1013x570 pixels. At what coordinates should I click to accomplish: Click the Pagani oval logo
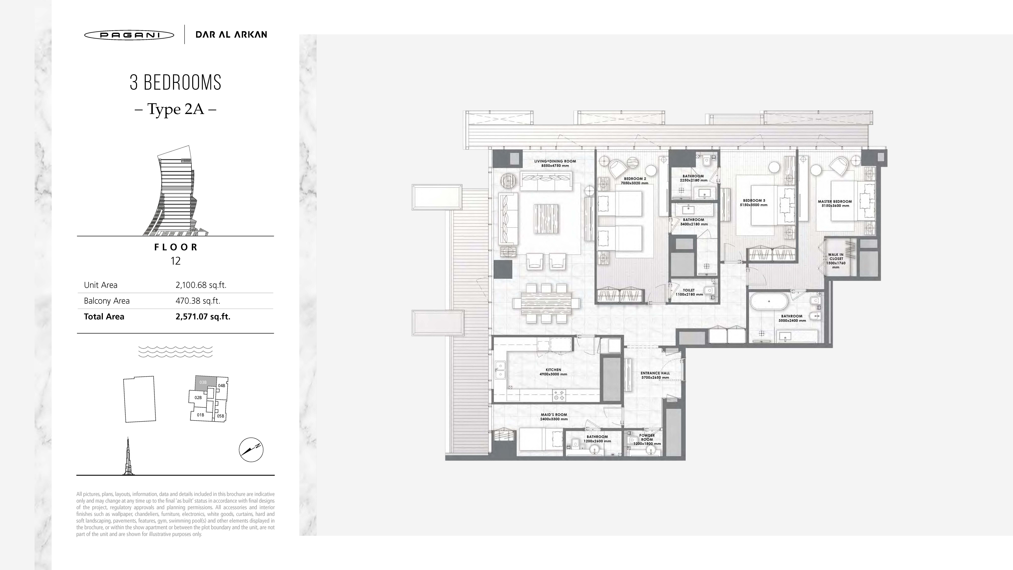tap(129, 35)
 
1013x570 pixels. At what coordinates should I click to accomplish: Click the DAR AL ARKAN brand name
tap(231, 35)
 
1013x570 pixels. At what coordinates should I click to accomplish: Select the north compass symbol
tap(251, 450)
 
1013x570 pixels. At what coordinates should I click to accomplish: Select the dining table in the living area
tap(546, 303)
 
